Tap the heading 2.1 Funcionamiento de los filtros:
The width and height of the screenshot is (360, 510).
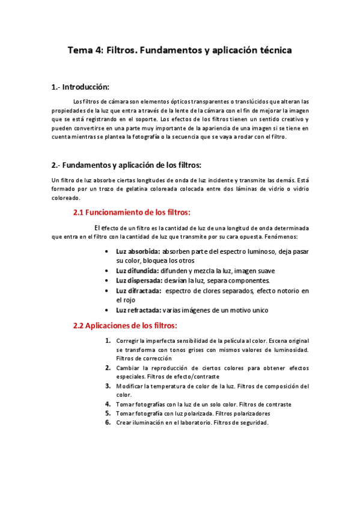(x=132, y=212)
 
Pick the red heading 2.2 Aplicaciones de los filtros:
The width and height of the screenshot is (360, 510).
(x=125, y=325)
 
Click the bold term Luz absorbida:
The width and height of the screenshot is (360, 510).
(x=138, y=250)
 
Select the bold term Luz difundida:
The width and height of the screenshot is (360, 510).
(x=138, y=271)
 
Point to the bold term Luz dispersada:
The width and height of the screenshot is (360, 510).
(x=139, y=280)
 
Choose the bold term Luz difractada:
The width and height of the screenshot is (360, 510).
(x=138, y=290)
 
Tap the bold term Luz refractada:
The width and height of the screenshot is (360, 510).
(x=139, y=310)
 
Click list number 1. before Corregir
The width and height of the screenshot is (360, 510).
(x=108, y=341)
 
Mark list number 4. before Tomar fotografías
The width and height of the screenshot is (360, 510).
(x=108, y=404)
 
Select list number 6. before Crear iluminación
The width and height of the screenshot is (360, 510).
(x=108, y=422)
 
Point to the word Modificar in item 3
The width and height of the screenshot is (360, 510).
(x=131, y=386)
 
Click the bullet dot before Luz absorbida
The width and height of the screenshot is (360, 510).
(x=106, y=251)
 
